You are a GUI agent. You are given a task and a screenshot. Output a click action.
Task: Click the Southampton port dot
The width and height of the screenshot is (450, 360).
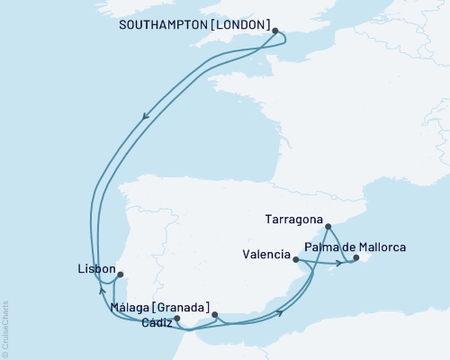pos(275,30)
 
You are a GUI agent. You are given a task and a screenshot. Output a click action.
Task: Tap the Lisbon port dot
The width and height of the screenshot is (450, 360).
pos(121,275)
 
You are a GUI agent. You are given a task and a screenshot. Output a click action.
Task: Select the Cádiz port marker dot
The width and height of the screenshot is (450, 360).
pos(177,318)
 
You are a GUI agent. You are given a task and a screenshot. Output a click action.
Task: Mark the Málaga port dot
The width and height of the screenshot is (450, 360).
pos(214,314)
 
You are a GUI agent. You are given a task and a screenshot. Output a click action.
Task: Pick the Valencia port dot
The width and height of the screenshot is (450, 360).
pos(297,259)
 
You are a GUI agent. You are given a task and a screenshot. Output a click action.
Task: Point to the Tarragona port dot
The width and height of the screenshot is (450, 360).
pos(328,227)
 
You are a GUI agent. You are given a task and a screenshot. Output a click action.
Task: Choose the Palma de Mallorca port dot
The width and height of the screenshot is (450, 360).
pos(355,258)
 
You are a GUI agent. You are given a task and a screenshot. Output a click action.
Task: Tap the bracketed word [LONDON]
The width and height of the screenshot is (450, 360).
pos(239,26)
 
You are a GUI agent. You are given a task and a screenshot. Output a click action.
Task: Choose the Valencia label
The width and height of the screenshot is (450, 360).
pos(265,255)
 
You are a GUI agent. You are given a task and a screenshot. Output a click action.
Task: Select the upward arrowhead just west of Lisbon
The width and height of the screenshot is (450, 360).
pos(102,291)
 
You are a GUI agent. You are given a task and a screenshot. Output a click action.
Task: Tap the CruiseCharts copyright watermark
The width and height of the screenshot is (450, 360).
pos(5,329)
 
